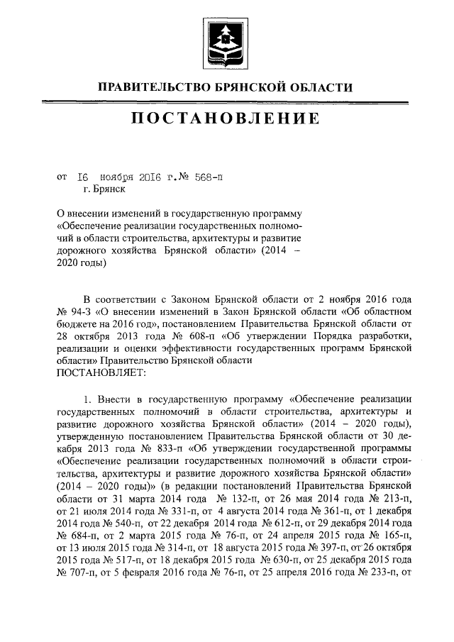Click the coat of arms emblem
(x=226, y=45)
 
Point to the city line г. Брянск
(x=104, y=189)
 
